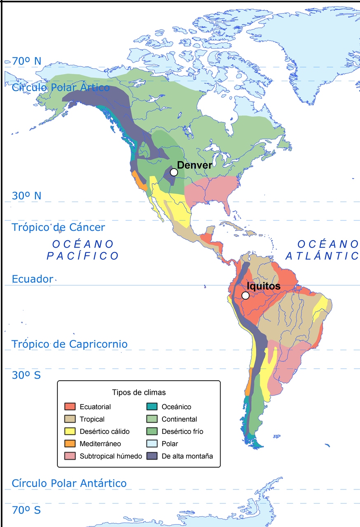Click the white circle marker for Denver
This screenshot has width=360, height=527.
coord(174,172)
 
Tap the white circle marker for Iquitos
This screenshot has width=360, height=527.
coord(245,295)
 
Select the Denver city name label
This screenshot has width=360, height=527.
coord(194,165)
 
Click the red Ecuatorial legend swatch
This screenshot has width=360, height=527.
coord(70,407)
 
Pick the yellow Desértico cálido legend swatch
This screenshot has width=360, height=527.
coord(70,431)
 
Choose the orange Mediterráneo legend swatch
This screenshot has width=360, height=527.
coord(70,444)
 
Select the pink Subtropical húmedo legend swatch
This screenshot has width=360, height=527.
coord(70,456)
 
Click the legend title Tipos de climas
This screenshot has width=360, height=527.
coord(139,392)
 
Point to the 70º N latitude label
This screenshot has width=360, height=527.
coord(26,61)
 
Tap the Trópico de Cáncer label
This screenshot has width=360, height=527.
coord(58,227)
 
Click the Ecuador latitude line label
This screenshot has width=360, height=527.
coord(33,279)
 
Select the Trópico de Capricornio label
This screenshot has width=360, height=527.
coord(69,344)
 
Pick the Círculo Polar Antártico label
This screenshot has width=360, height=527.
coord(69,483)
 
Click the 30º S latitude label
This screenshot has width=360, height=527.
coord(26,375)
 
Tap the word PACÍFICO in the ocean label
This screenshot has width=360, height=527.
coord(82,256)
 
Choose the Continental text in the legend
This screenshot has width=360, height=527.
coord(179,419)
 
